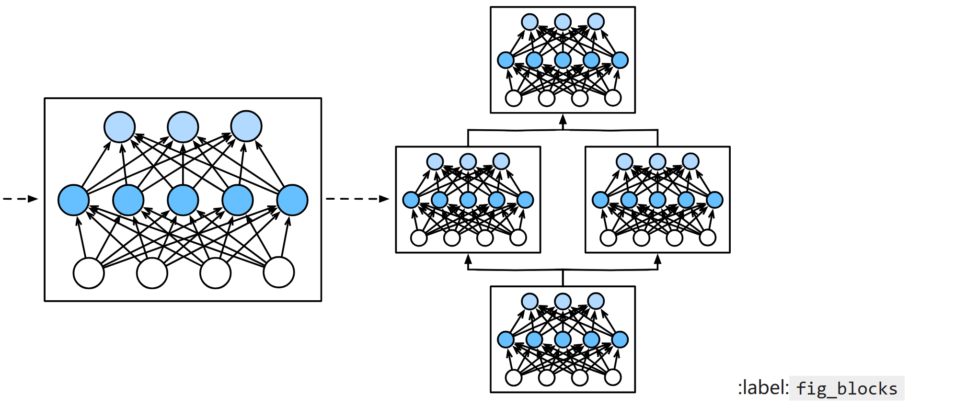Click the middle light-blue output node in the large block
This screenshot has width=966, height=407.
pos(183,127)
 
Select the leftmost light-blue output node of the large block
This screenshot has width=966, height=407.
pos(119,127)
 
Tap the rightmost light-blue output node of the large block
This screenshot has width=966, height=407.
pos(246,126)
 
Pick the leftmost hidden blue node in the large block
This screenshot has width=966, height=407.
pos(73,200)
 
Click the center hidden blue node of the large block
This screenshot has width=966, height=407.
pos(183,200)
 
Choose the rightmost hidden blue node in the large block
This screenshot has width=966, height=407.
pos(292,200)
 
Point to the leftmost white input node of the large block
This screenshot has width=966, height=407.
pos(89,273)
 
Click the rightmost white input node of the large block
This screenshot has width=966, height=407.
pos(278,272)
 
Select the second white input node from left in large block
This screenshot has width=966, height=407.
pos(152,273)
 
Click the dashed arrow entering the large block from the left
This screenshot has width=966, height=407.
pos(20,199)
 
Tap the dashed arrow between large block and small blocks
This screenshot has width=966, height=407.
pos(357,199)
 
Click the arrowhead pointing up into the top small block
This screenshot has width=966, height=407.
pos(563,120)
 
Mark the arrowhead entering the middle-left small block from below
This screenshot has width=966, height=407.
pos(468,260)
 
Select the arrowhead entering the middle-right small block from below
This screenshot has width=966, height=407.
pos(657,260)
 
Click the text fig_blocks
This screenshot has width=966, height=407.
pos(847,388)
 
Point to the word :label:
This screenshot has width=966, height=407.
pos(763,388)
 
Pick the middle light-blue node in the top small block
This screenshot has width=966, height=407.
pos(563,22)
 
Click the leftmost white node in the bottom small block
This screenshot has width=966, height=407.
pos(514,378)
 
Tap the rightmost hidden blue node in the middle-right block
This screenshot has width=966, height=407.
pos(714,200)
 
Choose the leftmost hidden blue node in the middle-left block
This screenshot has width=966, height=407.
pos(411,200)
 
